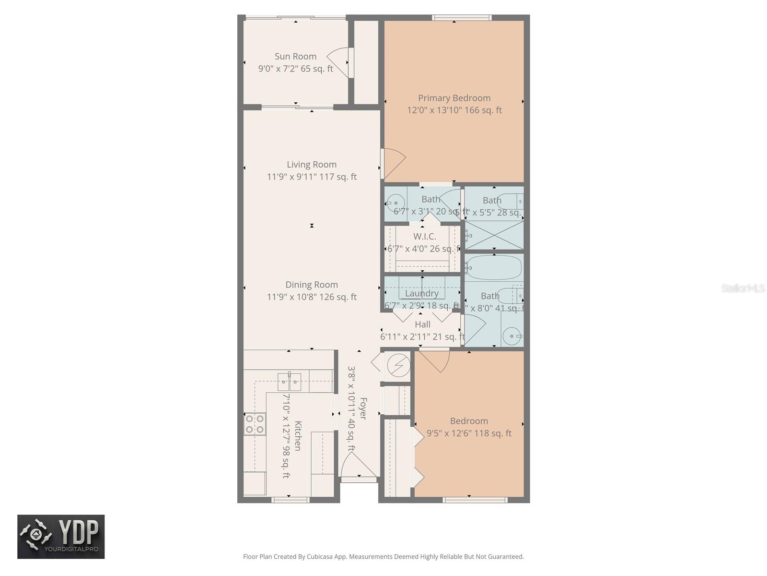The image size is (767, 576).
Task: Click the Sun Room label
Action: tap(295, 57)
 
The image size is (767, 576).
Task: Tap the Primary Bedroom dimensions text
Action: tap(454, 110)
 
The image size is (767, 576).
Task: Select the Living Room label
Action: tap(312, 165)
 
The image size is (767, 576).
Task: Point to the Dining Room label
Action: tap(312, 285)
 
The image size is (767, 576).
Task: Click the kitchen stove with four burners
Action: tap(255, 424)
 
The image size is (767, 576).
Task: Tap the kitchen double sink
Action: tap(289, 382)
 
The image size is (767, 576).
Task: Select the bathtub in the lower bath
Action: tap(494, 267)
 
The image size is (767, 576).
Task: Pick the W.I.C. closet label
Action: tap(425, 237)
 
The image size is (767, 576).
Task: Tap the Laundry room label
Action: tap(422, 293)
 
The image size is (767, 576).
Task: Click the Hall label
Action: tap(422, 324)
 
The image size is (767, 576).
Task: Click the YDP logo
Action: tap(61, 537)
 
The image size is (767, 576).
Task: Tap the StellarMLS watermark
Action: tap(743, 288)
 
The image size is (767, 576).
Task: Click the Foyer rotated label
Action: tap(363, 408)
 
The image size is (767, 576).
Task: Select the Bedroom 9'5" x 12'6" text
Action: tap(469, 433)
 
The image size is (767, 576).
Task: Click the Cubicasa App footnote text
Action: tap(383, 557)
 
